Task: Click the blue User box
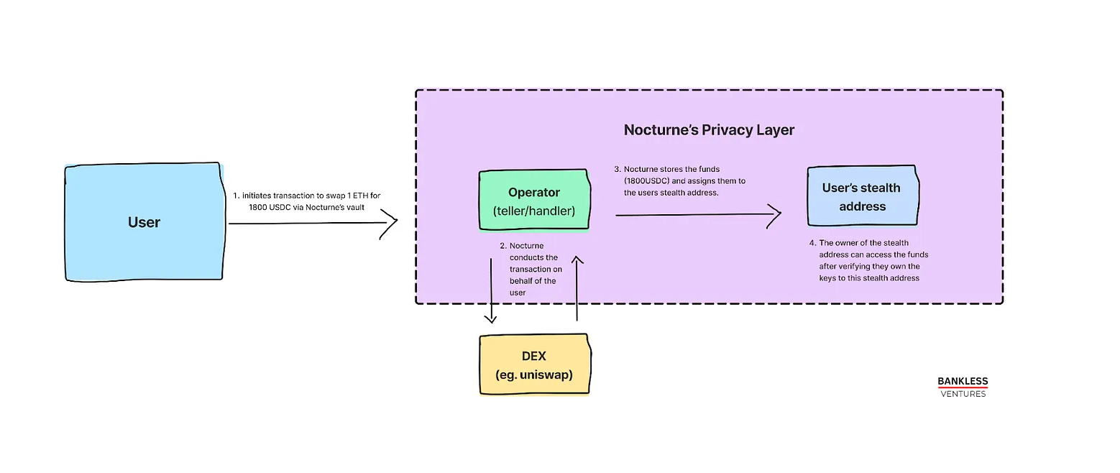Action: (144, 222)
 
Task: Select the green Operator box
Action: (535, 200)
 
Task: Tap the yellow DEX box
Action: (535, 364)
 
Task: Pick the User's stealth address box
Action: (863, 196)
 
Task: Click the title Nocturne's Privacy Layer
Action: (709, 130)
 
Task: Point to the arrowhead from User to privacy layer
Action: (390, 224)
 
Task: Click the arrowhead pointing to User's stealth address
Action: (774, 216)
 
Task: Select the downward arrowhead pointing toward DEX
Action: (491, 318)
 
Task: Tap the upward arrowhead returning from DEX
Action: (577, 260)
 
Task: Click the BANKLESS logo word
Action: (963, 381)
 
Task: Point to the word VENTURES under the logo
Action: (963, 394)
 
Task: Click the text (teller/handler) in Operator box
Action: (534, 211)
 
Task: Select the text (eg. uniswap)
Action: (534, 375)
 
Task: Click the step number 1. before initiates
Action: (236, 196)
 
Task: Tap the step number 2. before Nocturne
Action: (503, 246)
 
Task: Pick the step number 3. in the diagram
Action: (618, 170)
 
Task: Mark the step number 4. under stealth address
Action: (812, 243)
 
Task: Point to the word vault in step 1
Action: (355, 208)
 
